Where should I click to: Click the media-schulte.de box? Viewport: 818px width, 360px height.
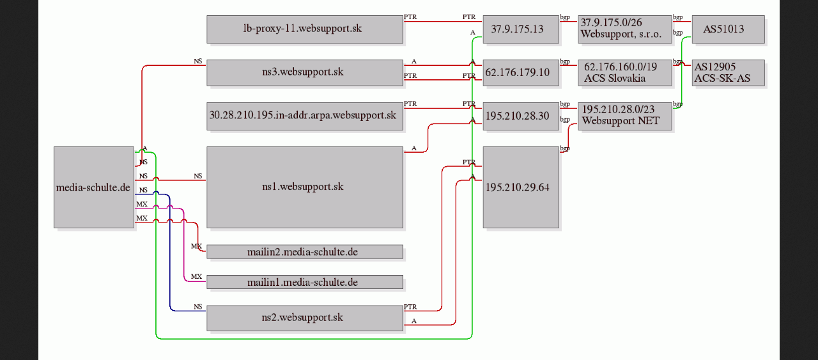click(x=94, y=187)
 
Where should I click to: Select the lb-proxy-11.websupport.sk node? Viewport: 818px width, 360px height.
click(x=305, y=29)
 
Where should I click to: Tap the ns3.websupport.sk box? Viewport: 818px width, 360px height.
click(x=305, y=73)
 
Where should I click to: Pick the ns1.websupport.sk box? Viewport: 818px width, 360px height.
click(x=305, y=187)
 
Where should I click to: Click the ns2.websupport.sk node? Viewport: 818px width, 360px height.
click(x=305, y=318)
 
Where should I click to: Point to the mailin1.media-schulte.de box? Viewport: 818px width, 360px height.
click(x=305, y=282)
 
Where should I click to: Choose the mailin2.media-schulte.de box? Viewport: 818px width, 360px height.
click(x=305, y=252)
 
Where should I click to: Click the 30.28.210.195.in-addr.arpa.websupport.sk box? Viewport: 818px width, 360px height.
click(x=305, y=116)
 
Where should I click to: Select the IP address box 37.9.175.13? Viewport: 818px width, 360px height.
click(x=521, y=29)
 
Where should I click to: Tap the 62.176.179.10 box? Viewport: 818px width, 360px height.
click(x=521, y=73)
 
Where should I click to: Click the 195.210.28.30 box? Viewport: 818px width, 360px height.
click(x=521, y=116)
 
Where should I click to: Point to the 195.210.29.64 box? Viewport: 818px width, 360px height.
click(x=521, y=187)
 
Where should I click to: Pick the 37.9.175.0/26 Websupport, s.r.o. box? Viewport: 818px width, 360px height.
click(x=625, y=29)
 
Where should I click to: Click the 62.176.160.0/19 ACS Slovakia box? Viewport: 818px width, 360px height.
click(x=625, y=73)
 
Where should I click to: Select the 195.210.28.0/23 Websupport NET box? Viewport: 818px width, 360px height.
click(x=625, y=116)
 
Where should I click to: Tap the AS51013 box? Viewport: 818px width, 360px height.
click(x=728, y=29)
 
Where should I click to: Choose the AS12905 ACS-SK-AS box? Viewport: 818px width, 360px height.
click(x=728, y=73)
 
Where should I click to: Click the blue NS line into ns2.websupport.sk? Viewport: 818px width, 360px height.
click(x=170, y=256)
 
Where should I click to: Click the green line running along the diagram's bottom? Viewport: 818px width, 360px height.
click(x=314, y=339)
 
